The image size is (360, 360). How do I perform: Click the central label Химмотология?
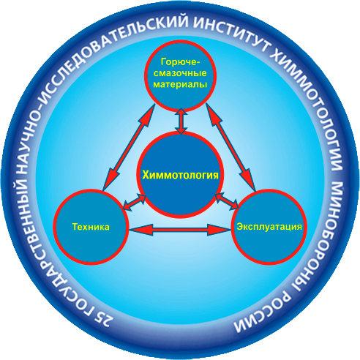coord(180,176)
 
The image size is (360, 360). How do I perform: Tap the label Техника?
coord(91,227)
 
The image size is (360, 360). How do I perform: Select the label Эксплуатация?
coord(269,227)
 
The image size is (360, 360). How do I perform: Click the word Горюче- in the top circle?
coord(181,62)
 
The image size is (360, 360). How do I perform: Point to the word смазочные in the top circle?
coord(181,73)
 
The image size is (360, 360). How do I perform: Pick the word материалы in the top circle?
coord(181,84)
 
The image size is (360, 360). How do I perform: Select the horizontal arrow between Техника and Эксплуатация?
coord(180,230)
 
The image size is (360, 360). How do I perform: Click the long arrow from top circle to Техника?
coord(130,148)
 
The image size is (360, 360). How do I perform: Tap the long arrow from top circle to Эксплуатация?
coord(231,148)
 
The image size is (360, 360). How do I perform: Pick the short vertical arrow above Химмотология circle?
coord(181,121)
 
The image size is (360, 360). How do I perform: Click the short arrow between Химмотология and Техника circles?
coord(135,202)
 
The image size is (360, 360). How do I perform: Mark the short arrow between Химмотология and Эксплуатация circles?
coord(227,201)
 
